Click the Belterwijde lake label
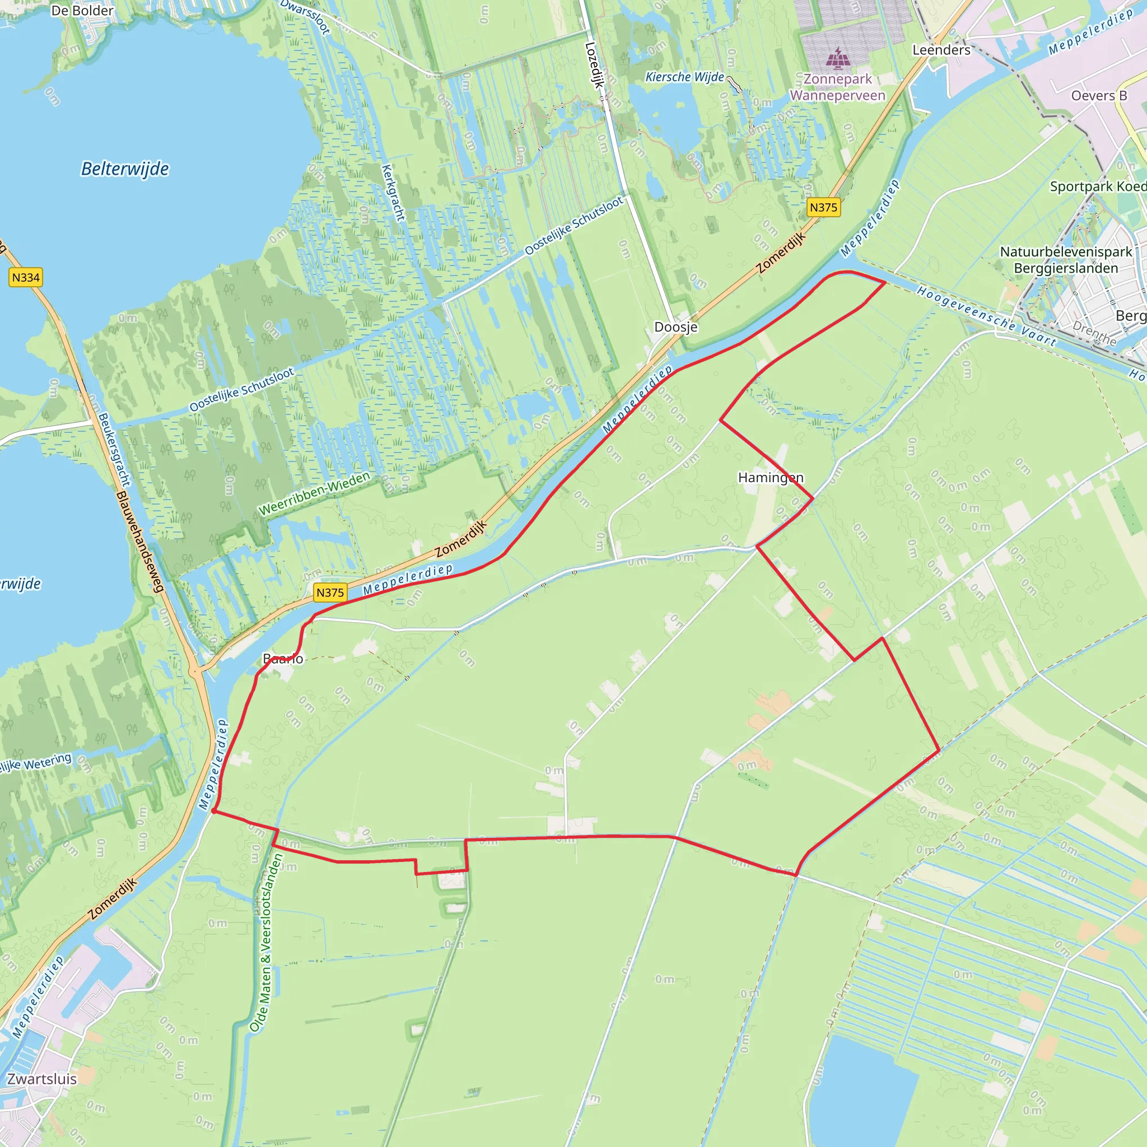(125, 169)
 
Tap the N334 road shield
(26, 277)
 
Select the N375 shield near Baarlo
(330, 592)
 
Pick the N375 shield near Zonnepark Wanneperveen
(823, 207)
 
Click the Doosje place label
(675, 327)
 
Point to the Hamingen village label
(771, 477)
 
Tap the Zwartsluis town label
(42, 1079)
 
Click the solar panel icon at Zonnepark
(838, 58)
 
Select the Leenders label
(941, 50)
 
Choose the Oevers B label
(1099, 96)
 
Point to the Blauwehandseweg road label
(139, 542)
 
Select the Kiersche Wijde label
(684, 77)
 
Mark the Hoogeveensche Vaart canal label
(986, 316)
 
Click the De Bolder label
(82, 11)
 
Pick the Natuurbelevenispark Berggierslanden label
(1066, 260)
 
